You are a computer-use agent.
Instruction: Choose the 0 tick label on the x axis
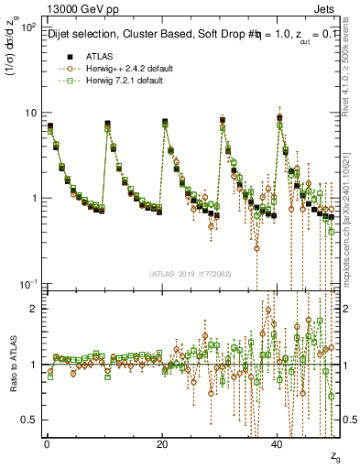point(46,443)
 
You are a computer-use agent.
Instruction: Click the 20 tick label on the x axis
point(162,443)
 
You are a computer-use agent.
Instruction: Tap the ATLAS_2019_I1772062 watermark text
point(191,273)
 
